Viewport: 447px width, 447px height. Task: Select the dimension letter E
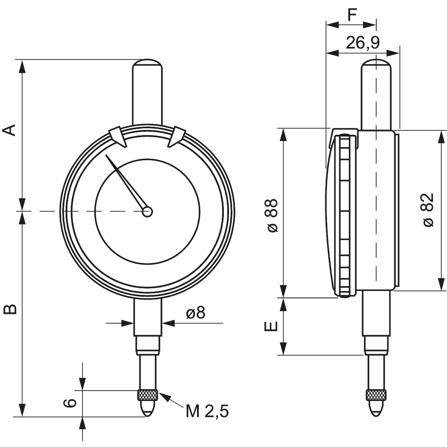271,326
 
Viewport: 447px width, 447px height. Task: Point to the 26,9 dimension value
362,43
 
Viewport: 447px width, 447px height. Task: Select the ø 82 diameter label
429,210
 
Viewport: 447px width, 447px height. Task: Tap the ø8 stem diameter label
196,313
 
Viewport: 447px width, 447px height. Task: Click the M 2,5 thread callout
207,411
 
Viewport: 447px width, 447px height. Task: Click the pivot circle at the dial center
147,211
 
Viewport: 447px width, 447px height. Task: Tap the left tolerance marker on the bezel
117,137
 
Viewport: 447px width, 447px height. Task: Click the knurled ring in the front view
148,395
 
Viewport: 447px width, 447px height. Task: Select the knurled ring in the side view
376,395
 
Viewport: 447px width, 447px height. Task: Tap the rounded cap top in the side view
376,63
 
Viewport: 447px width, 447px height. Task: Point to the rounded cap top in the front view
148,63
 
